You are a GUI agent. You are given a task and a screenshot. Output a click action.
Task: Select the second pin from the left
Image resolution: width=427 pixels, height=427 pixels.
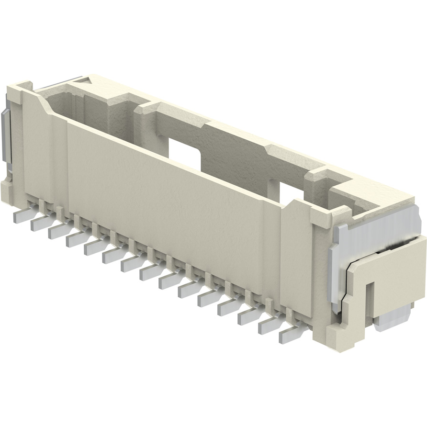click(41, 224)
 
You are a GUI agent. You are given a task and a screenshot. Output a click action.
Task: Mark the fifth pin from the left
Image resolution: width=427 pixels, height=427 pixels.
click(94, 247)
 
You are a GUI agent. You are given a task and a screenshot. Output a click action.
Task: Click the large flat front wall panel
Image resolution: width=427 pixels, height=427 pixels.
click(163, 201)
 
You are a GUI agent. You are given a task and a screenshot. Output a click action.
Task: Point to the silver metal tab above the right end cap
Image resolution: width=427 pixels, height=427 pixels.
click(378, 227)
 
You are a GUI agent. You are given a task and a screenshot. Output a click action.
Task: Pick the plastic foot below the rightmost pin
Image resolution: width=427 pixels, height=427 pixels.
click(330, 337)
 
